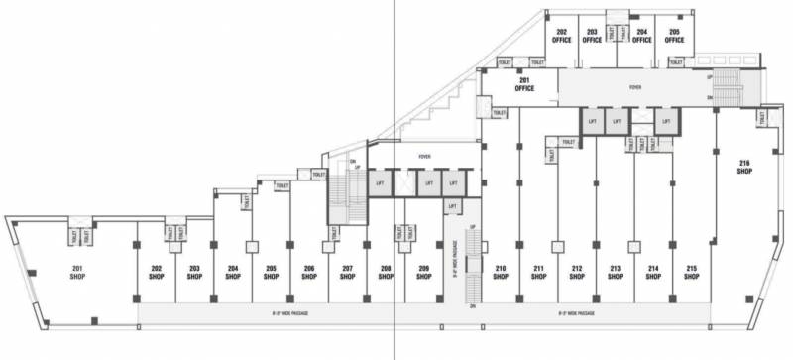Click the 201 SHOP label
click(x=76, y=273)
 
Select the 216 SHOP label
click(x=744, y=167)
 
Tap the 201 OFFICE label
click(x=524, y=85)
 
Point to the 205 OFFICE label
click(x=674, y=36)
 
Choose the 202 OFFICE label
click(x=562, y=36)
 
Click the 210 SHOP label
click(x=502, y=273)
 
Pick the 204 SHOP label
click(x=233, y=273)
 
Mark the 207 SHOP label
click(x=347, y=273)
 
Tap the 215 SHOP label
click(x=691, y=273)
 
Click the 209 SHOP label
click(x=423, y=273)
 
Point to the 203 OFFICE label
click(x=592, y=36)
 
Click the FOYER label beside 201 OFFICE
click(x=635, y=87)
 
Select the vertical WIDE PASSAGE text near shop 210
click(x=455, y=260)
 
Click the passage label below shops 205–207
click(x=300, y=313)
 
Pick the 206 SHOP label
click(x=309, y=273)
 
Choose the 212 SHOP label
click(x=577, y=273)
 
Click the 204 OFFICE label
click(x=642, y=36)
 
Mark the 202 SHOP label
click(x=157, y=273)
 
